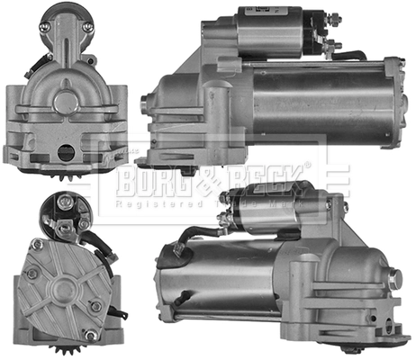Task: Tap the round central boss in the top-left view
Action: [x=65, y=101]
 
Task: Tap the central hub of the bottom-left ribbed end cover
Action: [x=63, y=289]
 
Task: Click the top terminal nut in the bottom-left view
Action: [x=66, y=203]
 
